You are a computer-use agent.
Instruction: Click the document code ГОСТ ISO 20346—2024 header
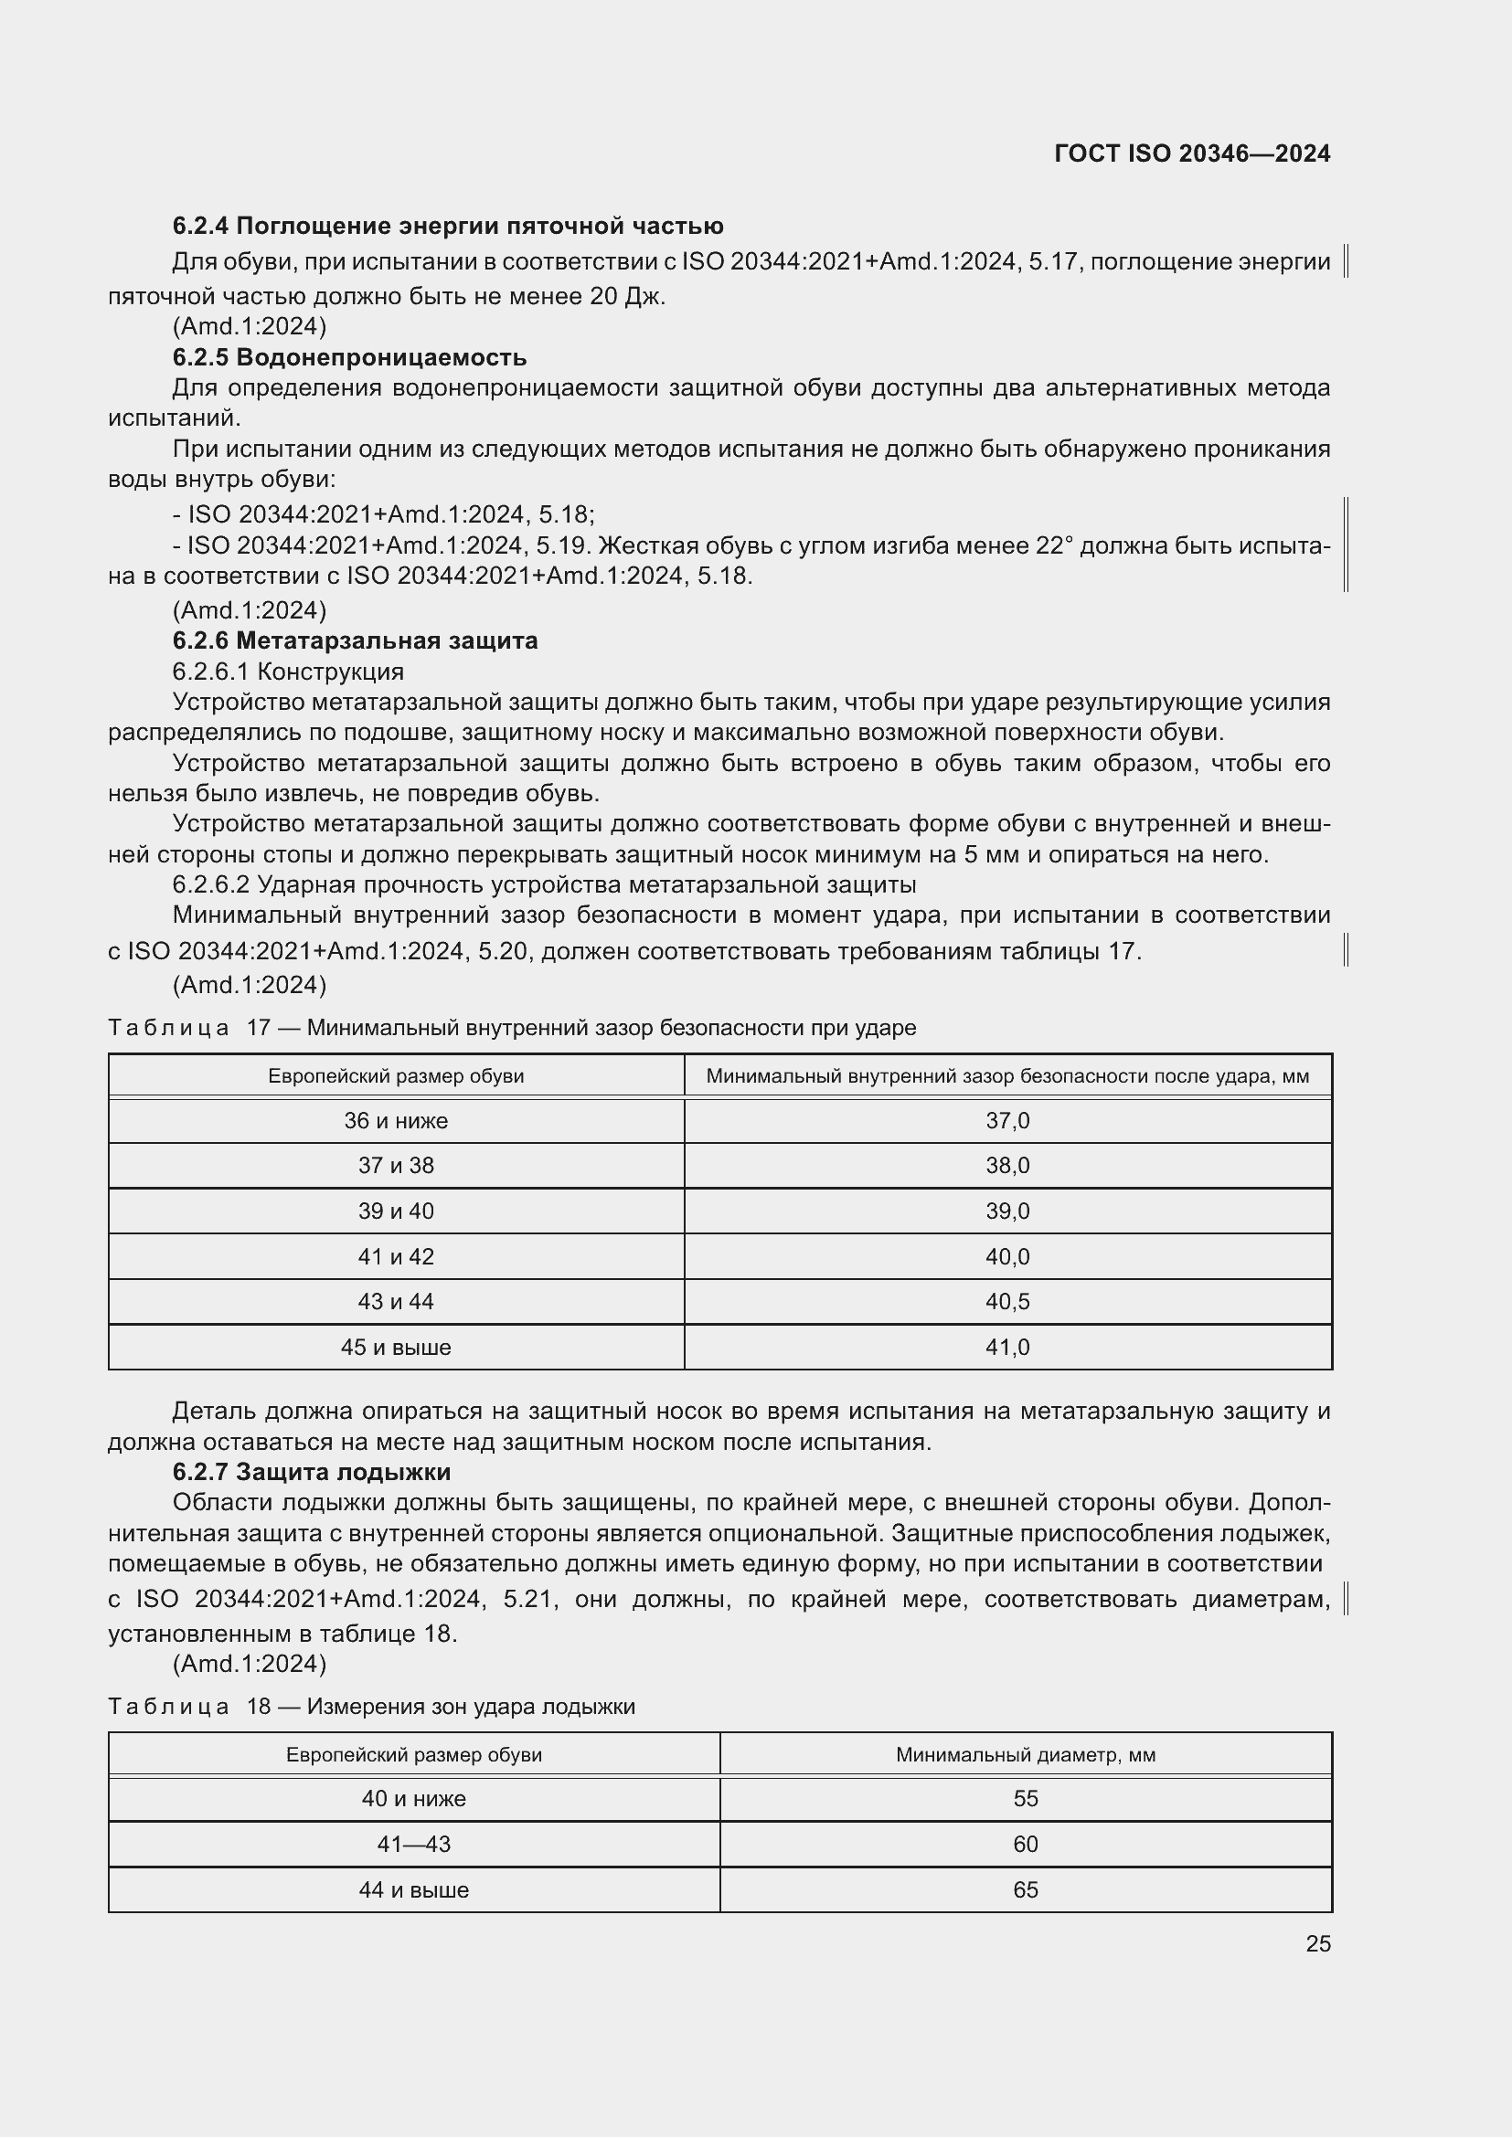click(1192, 153)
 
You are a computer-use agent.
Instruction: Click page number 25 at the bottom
click(1317, 1943)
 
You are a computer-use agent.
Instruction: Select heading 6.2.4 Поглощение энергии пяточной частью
click(448, 227)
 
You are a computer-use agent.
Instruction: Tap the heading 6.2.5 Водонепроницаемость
click(349, 357)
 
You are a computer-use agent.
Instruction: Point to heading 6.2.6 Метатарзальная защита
click(355, 640)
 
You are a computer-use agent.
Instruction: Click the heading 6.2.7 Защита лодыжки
click(311, 1472)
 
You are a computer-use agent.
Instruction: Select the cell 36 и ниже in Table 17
click(396, 1121)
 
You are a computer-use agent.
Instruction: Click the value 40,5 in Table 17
click(1007, 1301)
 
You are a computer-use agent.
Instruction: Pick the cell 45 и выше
click(396, 1347)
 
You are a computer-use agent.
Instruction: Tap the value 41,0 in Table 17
click(1007, 1347)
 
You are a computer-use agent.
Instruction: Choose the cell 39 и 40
click(396, 1211)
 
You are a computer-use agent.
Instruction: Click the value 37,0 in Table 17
click(1007, 1121)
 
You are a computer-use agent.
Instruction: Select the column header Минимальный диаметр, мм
click(1025, 1754)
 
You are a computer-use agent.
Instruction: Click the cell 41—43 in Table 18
click(413, 1844)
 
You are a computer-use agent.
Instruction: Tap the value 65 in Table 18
click(1025, 1889)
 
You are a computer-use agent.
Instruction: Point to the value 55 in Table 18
click(1025, 1798)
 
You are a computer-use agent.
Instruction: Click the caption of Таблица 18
click(371, 1706)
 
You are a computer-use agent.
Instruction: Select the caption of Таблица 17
click(512, 1028)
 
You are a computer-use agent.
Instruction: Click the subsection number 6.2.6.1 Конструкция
click(288, 672)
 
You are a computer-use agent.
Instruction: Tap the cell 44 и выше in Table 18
click(413, 1889)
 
